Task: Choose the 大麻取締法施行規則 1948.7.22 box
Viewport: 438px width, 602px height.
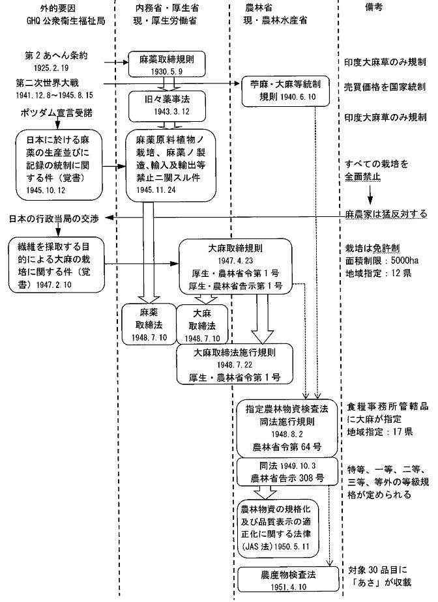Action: [235, 365]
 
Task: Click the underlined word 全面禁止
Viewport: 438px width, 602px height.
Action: [368, 176]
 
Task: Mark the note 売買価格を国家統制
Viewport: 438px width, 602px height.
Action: [385, 87]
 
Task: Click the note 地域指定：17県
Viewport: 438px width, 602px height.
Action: [379, 432]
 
